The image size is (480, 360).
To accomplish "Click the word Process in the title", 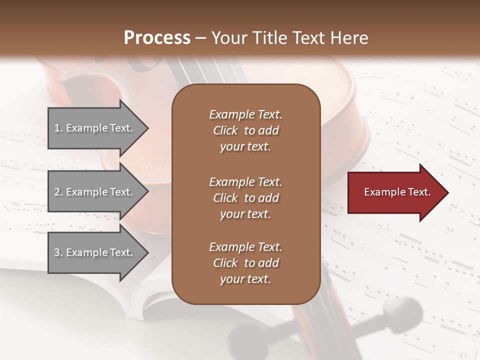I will [x=157, y=38].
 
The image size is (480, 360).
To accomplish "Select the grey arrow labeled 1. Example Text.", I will [x=95, y=128].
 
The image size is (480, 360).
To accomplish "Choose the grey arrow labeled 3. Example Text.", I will [x=95, y=252].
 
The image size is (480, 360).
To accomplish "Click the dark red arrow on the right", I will [x=395, y=192].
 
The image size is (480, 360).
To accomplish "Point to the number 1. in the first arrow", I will [x=58, y=128].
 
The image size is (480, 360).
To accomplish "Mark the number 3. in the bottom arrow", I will [x=58, y=252].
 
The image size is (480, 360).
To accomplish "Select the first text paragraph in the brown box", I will [x=245, y=130].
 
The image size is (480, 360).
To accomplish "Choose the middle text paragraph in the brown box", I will [x=245, y=198].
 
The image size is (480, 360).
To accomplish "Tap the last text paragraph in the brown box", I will [x=245, y=263].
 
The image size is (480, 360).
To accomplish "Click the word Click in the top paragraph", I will [x=225, y=130].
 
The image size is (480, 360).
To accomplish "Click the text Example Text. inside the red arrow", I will [x=397, y=192].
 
